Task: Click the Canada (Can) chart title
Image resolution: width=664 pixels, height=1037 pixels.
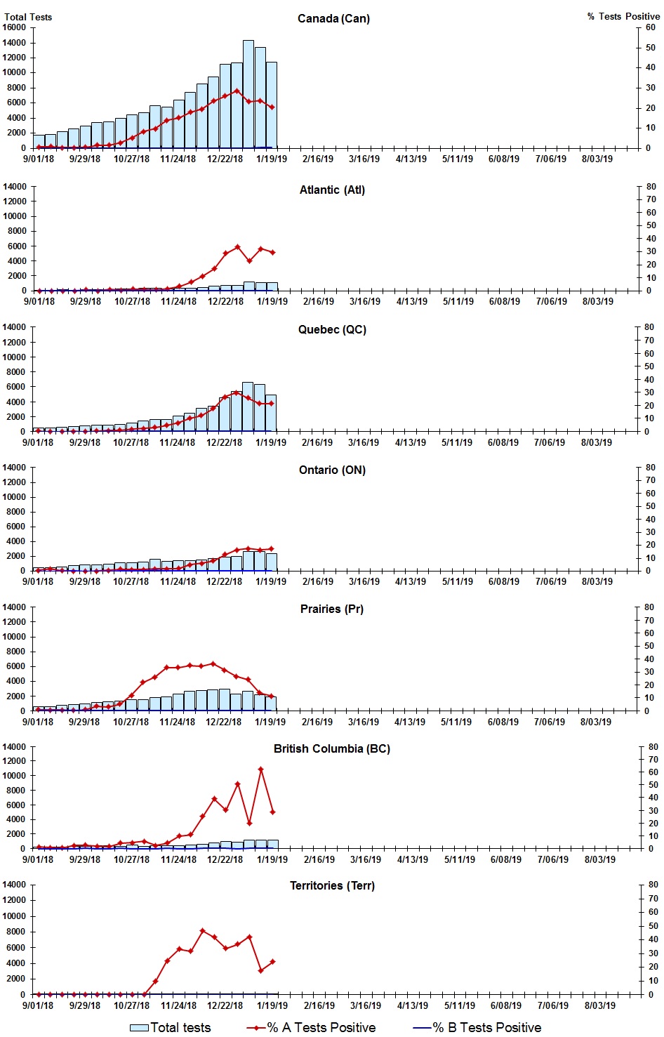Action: tap(333, 18)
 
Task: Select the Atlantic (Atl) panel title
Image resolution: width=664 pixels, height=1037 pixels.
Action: tap(332, 190)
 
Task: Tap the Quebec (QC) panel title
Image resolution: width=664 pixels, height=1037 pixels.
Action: tap(332, 329)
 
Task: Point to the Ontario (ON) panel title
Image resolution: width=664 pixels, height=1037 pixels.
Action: tap(332, 470)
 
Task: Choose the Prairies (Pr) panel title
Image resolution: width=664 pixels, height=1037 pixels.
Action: tap(332, 609)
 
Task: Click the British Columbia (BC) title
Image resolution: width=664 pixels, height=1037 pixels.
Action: tap(332, 748)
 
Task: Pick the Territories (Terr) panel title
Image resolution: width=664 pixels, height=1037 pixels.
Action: tap(332, 885)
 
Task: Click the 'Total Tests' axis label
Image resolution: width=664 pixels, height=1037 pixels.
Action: tap(28, 17)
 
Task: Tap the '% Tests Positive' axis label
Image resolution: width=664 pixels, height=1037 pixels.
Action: tap(623, 16)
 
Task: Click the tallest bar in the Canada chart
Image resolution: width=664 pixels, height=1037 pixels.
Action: tap(248, 95)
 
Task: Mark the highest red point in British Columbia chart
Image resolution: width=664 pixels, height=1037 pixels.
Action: tap(260, 770)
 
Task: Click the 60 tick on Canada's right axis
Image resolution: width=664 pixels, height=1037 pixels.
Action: tap(650, 27)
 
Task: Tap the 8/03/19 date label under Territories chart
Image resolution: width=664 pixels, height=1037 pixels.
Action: tap(599, 1005)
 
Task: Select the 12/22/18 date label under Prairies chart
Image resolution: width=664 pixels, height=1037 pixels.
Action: tap(224, 722)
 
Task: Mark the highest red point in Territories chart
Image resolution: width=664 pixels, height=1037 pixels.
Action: tap(202, 931)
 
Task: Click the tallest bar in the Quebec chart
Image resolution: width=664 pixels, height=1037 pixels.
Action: tap(247, 407)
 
